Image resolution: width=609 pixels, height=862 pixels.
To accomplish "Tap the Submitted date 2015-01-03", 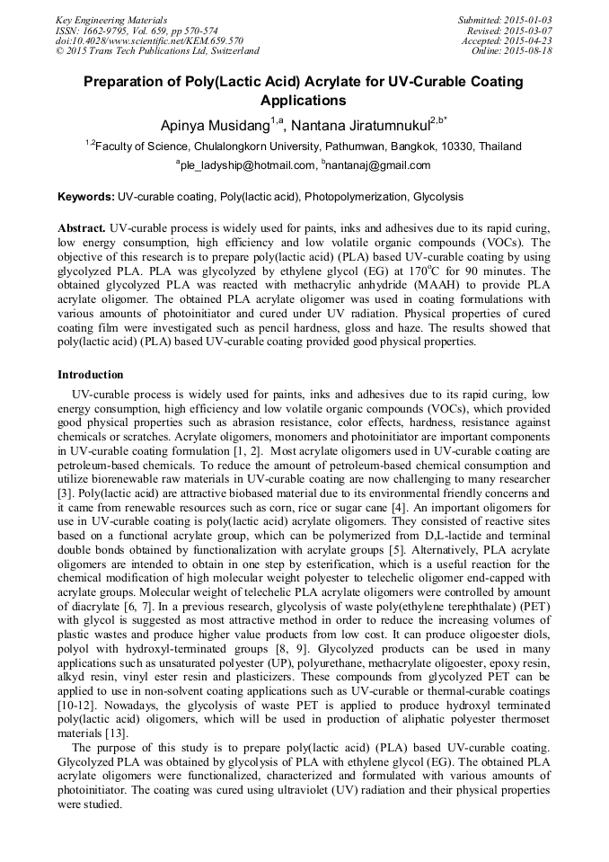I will [x=528, y=19].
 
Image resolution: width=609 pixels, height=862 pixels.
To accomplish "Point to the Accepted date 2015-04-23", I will [x=528, y=40].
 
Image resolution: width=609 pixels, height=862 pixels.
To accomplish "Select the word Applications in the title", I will [x=303, y=101].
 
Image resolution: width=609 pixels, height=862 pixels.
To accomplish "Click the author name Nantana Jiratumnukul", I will [x=361, y=124].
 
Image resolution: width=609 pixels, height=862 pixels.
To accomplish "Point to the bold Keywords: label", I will [x=86, y=196].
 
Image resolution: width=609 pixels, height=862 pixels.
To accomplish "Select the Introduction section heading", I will [x=91, y=374].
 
